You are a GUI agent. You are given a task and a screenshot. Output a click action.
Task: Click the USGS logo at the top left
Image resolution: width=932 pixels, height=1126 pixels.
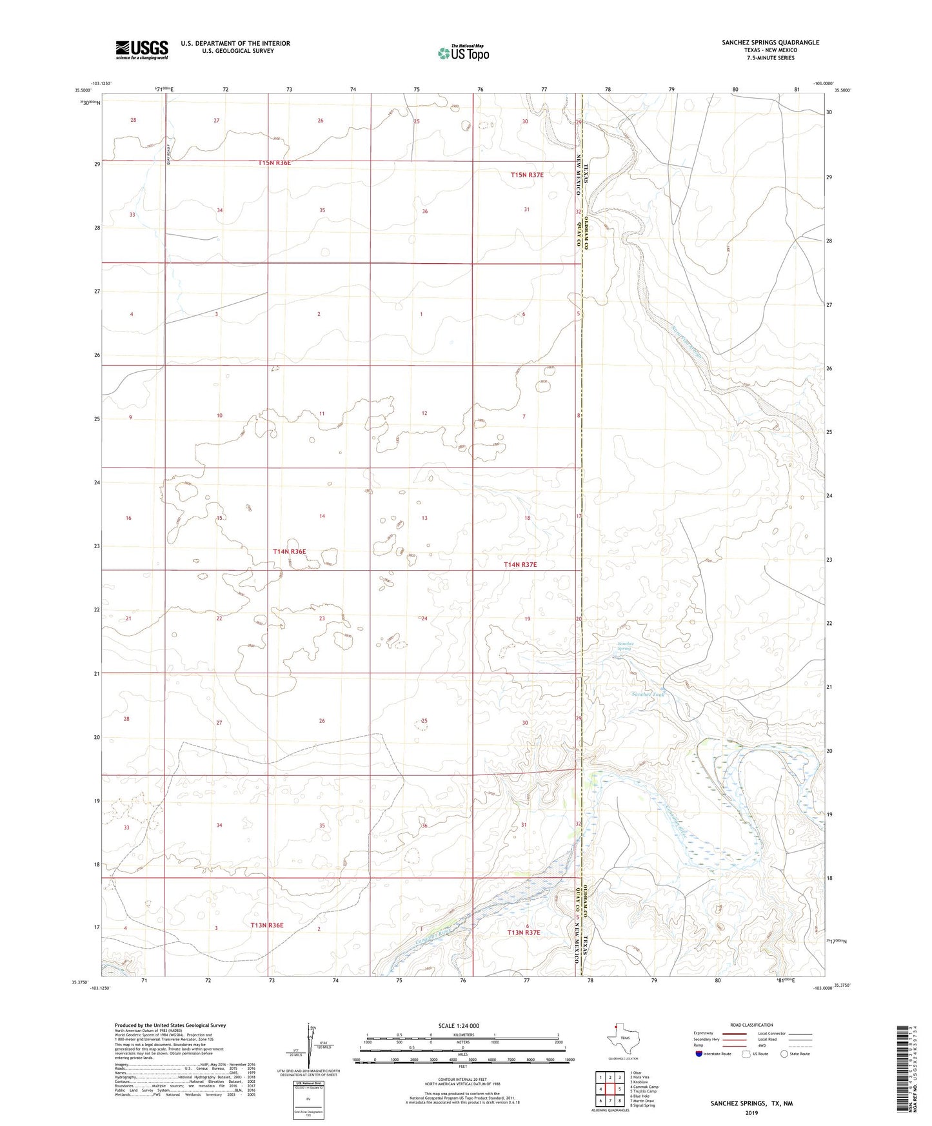click(x=141, y=50)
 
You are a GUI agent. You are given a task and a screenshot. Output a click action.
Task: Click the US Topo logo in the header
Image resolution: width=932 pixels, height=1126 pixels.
click(x=463, y=53)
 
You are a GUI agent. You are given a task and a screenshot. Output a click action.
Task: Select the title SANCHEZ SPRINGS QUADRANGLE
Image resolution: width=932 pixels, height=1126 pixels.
click(x=770, y=43)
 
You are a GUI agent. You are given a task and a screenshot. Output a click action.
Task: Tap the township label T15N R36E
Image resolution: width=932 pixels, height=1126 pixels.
click(x=274, y=163)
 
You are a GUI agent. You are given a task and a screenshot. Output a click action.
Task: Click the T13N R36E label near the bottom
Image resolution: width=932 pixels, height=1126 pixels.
click(x=266, y=925)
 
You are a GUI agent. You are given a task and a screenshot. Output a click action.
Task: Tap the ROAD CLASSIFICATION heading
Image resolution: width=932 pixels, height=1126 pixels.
click(x=751, y=1025)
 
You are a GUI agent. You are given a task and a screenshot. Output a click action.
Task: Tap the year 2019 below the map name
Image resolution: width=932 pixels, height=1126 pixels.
click(x=751, y=1112)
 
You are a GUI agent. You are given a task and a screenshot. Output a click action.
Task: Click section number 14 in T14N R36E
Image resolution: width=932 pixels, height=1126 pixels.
click(x=322, y=516)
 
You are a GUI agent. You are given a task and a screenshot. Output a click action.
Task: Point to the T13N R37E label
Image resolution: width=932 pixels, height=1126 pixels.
click(x=523, y=933)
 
